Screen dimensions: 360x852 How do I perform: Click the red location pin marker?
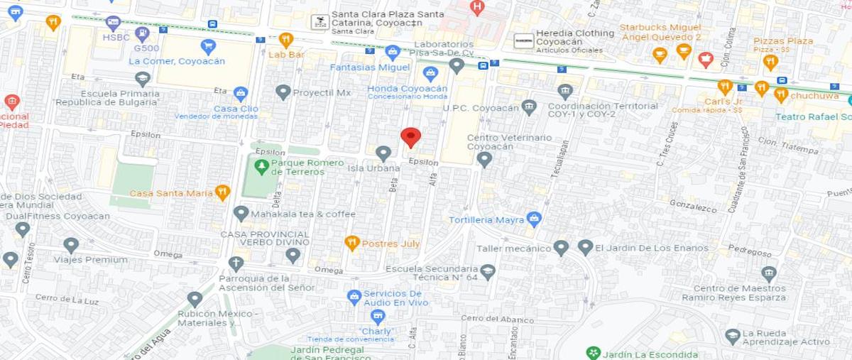[x=410, y=136]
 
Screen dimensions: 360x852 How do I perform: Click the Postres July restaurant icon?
[x=351, y=243]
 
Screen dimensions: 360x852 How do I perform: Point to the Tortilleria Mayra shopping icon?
[x=535, y=219]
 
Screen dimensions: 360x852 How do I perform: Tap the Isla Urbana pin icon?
[x=383, y=153]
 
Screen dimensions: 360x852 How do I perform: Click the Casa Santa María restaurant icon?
[x=222, y=192]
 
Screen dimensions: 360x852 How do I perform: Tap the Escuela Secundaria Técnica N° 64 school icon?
[x=487, y=271]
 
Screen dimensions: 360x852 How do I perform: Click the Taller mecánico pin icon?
[x=561, y=247]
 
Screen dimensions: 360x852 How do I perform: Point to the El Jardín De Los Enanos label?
[x=651, y=248]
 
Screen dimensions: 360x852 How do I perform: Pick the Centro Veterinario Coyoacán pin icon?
[x=484, y=158]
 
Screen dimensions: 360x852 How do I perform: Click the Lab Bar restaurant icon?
[x=286, y=39]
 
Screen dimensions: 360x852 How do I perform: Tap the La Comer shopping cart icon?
[x=208, y=46]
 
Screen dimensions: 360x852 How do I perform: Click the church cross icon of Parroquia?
[x=236, y=263]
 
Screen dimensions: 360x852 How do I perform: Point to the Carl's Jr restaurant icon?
[x=725, y=87]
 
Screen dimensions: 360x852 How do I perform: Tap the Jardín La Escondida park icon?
[x=593, y=353]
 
